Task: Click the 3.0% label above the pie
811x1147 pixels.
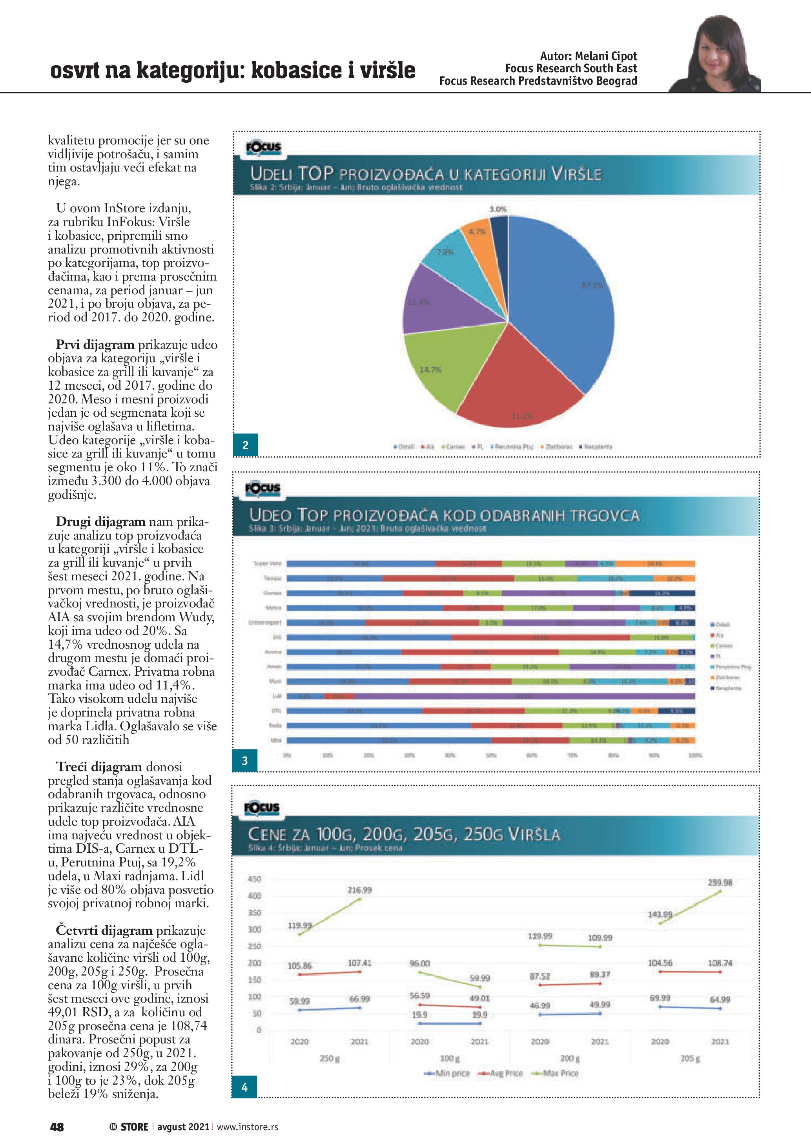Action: tap(498, 209)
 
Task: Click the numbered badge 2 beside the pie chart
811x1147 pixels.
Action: tap(245, 445)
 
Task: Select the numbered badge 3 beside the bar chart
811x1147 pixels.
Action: tap(245, 760)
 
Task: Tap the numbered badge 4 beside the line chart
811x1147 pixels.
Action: tap(244, 1087)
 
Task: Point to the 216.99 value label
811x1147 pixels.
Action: tap(359, 890)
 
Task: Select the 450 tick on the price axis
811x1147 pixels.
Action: tap(255, 879)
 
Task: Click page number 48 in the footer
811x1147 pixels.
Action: tap(57, 1127)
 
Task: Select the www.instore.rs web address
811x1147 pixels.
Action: tap(247, 1127)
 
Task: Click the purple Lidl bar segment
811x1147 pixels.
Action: tap(524, 696)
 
